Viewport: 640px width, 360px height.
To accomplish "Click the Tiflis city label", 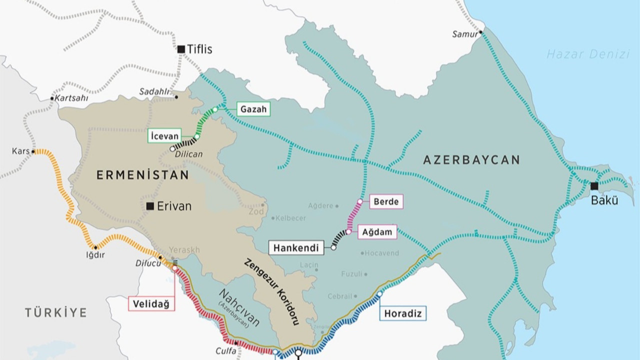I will (x=199, y=49).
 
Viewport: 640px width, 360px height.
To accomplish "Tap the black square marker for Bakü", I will (x=594, y=186).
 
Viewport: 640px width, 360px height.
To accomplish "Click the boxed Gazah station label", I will (x=253, y=109).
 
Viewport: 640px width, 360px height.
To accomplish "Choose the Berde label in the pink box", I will (x=386, y=202).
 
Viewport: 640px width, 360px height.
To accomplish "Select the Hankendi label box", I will (x=296, y=247).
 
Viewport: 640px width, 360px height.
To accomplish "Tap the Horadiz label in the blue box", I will (x=402, y=313).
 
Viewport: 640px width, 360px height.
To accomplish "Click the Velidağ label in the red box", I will (x=151, y=303).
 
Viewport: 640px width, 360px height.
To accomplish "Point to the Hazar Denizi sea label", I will (x=588, y=54).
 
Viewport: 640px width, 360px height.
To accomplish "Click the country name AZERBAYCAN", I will (x=471, y=160).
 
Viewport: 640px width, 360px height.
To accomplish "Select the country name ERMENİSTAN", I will (x=142, y=175).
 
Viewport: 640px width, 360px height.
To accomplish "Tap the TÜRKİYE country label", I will (x=56, y=312).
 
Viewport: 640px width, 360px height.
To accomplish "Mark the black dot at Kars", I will (x=33, y=151).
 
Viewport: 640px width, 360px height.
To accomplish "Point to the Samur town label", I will (x=464, y=34).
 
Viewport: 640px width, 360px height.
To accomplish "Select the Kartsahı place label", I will (x=71, y=98).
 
